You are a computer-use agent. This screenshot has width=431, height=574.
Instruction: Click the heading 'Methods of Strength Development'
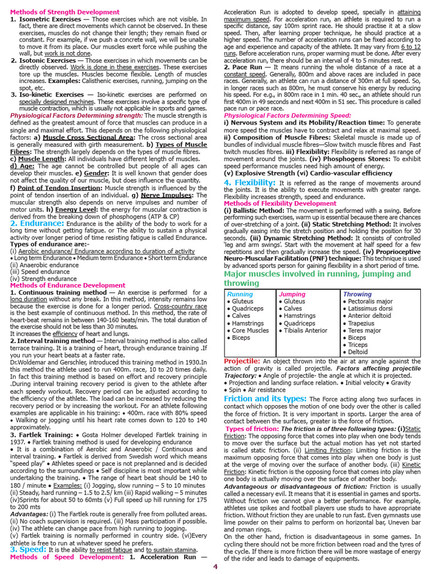coord(65,11)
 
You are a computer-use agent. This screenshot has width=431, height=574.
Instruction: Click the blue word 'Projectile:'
coord(242,361)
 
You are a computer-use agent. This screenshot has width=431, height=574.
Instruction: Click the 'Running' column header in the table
coord(240,294)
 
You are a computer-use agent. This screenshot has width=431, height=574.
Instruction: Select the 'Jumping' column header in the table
coord(292,294)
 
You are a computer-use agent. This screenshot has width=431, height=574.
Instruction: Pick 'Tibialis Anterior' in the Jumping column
coord(305,330)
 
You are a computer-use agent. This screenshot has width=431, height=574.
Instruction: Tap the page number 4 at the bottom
coord(215,567)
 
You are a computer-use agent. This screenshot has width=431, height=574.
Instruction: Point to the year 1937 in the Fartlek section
coord(19,442)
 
